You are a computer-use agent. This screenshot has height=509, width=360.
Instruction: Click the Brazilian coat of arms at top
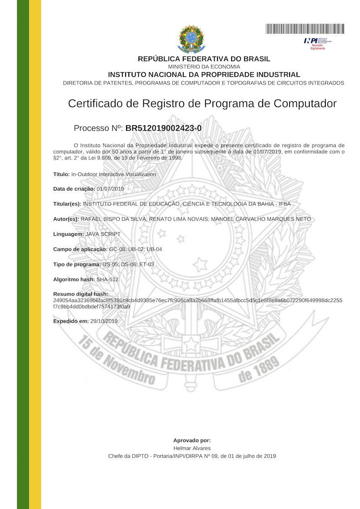point(191,39)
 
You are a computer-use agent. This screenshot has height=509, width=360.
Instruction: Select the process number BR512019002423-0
point(163,128)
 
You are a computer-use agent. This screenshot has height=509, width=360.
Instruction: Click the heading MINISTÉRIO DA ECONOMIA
point(204,67)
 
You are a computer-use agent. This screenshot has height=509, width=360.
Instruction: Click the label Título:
point(61,175)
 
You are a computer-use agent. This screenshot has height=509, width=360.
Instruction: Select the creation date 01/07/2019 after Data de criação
point(110,189)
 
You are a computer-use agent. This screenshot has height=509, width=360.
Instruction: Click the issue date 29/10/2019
point(104,321)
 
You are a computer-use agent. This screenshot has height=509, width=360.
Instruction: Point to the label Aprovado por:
point(192,440)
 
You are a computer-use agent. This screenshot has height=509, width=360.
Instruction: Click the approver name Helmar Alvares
point(192,448)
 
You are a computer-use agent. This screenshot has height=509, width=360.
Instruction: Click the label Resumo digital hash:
point(80,294)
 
